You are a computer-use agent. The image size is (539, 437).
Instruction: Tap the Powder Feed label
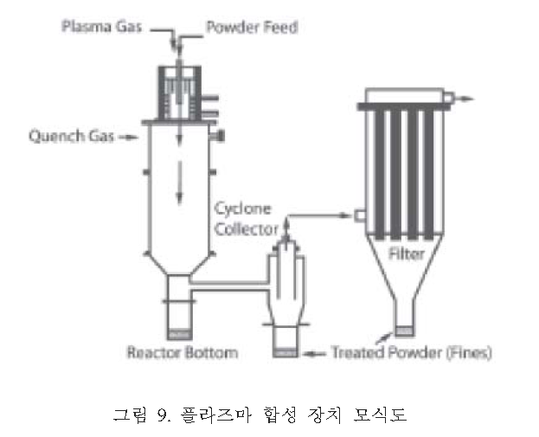251,27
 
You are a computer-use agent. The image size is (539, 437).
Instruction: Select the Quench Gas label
66,136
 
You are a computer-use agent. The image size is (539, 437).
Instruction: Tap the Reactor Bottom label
182,353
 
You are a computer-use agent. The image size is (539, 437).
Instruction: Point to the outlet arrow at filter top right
466,98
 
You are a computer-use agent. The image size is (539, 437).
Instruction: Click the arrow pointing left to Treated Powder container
316,353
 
